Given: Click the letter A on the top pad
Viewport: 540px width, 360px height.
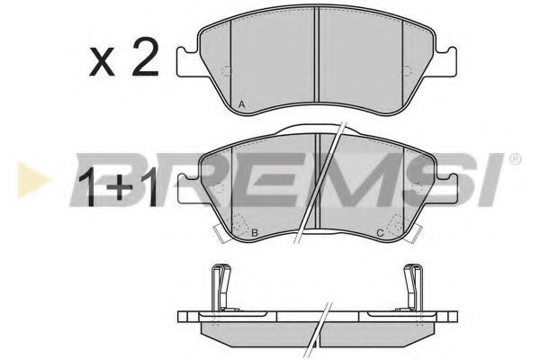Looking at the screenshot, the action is tap(242, 104).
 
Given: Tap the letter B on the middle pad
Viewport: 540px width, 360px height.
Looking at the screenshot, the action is tap(255, 233).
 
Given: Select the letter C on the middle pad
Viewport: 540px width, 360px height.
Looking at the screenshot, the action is tap(380, 233).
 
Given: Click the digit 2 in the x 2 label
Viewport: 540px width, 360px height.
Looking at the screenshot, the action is tap(145, 57).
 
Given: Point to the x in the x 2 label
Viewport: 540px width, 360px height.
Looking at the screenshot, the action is tap(102, 62).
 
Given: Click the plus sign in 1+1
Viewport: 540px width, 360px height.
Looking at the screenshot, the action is tap(119, 188).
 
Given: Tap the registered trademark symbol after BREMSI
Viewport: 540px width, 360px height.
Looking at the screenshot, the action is tap(515, 159).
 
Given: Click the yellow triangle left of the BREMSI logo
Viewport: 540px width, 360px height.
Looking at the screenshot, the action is tap(32, 180).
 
